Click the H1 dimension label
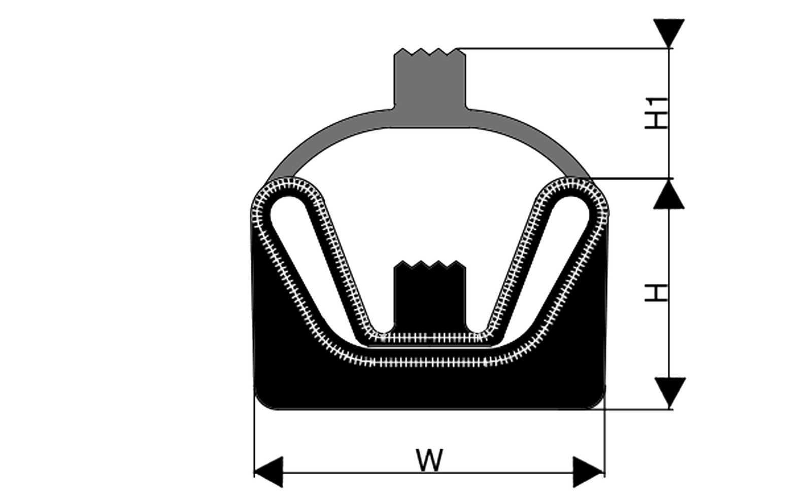pos(657,113)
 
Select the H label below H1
pos(657,293)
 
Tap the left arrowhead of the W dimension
pos(268,472)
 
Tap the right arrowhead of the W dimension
pos(588,472)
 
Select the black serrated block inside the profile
pos(430,296)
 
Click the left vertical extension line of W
pos(254,431)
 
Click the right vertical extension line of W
pos(604,431)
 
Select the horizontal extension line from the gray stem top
pos(564,48)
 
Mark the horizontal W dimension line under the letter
pos(429,473)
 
